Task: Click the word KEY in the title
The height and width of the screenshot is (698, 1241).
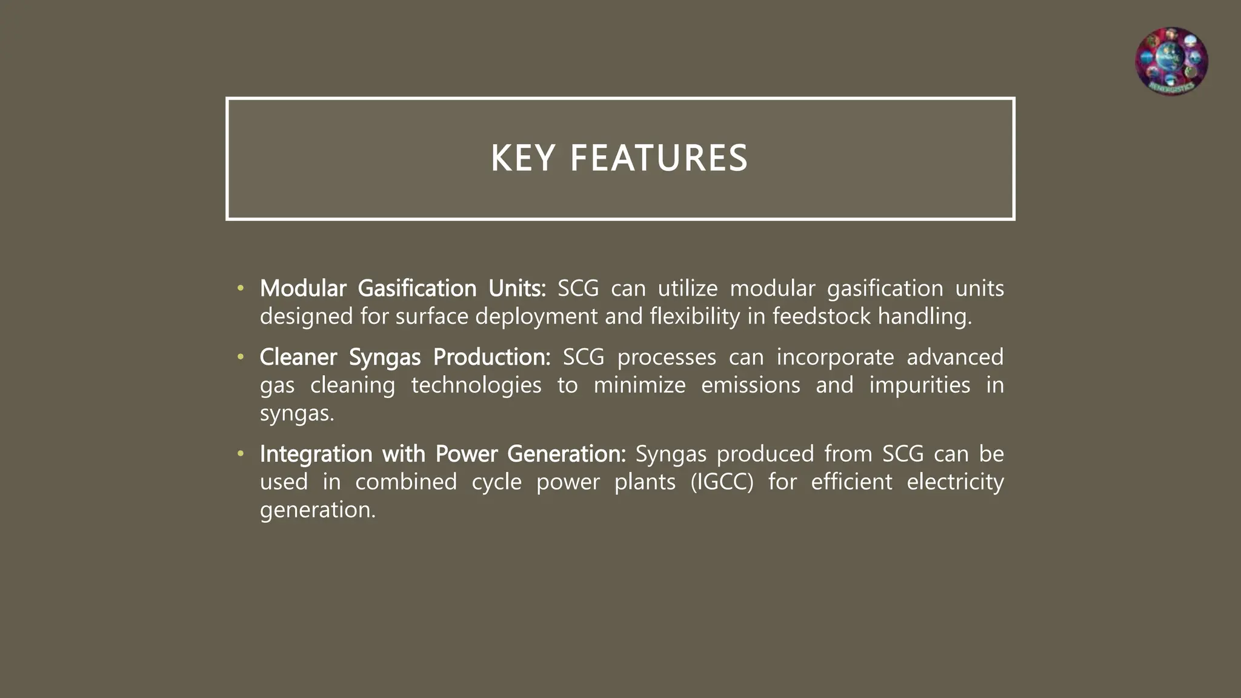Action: coord(522,159)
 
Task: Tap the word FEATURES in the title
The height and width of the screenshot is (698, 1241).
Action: coord(659,159)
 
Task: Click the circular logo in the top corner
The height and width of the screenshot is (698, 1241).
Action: coord(1171,61)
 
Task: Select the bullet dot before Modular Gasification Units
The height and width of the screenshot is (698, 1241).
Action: coord(241,288)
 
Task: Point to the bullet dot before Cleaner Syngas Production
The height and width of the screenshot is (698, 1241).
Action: coord(241,357)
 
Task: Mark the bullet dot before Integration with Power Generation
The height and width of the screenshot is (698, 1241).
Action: coord(241,454)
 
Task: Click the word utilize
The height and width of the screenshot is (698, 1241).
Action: coord(687,288)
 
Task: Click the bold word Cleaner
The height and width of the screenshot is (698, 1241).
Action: coord(298,357)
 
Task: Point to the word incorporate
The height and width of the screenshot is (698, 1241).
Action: coord(835,357)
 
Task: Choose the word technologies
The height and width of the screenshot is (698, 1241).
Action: coord(476,385)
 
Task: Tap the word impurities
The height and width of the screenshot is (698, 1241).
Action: coord(919,385)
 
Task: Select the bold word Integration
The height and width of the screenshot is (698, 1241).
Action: coord(316,454)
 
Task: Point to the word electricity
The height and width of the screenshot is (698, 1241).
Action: coord(955,482)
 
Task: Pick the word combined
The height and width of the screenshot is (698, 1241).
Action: coord(405,482)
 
